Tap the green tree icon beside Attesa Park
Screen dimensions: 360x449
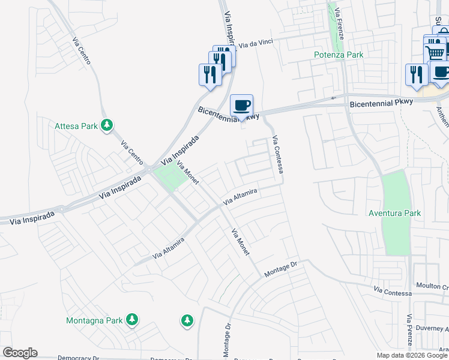coord(107,125)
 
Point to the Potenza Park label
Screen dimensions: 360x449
coord(339,55)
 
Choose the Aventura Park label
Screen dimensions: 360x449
coord(395,213)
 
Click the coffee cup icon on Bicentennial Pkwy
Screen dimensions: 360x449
coord(241,106)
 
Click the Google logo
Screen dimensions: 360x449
coord(20,353)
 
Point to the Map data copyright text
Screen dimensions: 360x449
coord(412,355)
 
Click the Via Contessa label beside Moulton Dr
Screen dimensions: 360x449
coord(393,292)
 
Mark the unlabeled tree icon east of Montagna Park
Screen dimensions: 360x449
coord(187,320)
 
